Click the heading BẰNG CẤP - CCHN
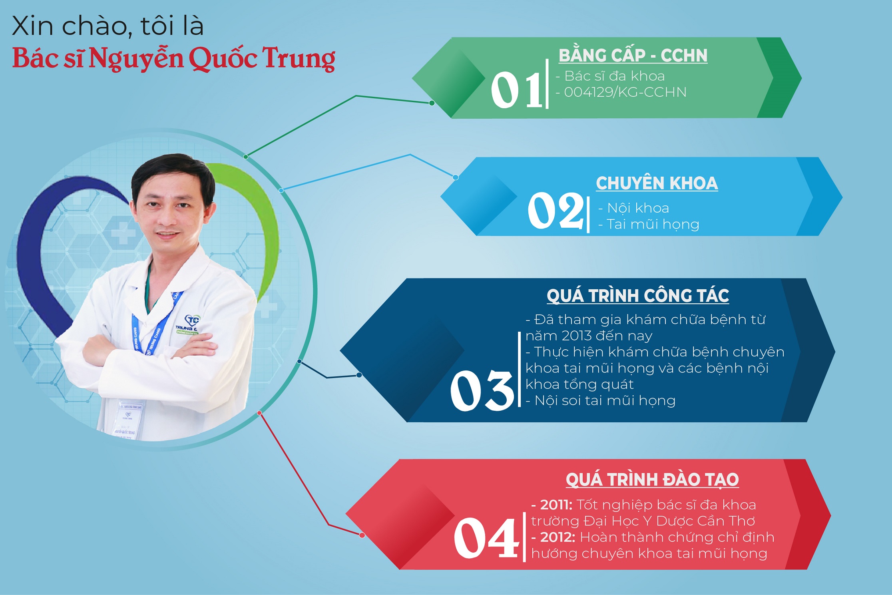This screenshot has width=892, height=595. (x=633, y=56)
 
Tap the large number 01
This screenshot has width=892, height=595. (x=517, y=90)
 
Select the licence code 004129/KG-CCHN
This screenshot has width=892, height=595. (x=625, y=92)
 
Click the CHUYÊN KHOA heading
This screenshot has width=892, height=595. (x=657, y=183)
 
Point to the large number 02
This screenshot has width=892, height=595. (x=556, y=210)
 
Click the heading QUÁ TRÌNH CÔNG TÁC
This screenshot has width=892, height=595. (x=638, y=295)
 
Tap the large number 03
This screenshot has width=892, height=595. (x=482, y=390)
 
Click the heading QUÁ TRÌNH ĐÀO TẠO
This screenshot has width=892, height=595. (x=652, y=479)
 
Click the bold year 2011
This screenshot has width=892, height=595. (x=556, y=505)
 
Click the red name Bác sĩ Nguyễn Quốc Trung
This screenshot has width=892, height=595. (x=173, y=58)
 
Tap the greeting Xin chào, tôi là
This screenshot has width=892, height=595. (x=108, y=26)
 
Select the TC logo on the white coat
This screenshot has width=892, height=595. (x=192, y=320)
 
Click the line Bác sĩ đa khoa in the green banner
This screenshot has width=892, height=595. (x=614, y=76)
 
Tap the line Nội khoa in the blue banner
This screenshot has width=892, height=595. (x=638, y=208)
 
